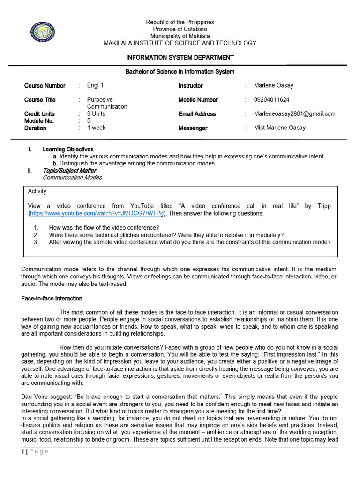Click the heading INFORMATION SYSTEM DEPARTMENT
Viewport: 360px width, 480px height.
coord(180,58)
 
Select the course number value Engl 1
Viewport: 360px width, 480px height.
coord(95,85)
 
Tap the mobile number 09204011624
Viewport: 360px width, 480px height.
coord(271,99)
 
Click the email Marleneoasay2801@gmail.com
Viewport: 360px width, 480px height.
coord(294,113)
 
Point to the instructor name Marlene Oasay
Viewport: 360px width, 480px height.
coord(274,85)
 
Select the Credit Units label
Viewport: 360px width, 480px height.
coord(39,114)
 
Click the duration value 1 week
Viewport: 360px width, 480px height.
coord(96,127)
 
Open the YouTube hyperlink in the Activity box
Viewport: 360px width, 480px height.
coord(97,213)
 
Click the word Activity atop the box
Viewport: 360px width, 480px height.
coord(37,191)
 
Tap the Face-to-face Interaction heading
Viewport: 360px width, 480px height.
coord(52,299)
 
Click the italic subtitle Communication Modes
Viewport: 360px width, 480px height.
coord(72,177)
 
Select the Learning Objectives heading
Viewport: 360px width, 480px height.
coord(68,150)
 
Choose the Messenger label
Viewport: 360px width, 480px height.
coord(193,128)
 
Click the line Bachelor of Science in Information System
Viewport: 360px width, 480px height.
coord(180,72)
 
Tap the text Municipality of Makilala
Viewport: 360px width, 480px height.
coord(180,36)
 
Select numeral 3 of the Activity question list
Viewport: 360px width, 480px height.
coord(36,242)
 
